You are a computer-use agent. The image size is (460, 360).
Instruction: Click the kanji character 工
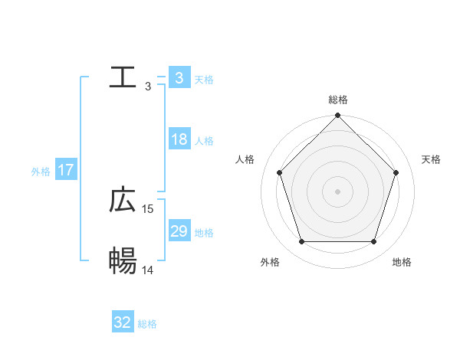(x=123, y=77)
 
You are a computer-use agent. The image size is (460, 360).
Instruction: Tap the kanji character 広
(x=123, y=200)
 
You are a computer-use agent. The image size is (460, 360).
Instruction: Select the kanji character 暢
(x=123, y=261)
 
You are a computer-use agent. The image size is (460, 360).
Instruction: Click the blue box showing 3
(x=179, y=77)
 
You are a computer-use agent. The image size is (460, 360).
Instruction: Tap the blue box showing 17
(x=66, y=169)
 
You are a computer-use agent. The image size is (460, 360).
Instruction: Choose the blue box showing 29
(x=179, y=231)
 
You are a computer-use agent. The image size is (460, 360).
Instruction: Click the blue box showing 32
(x=123, y=322)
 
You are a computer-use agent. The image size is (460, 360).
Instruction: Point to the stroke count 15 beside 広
(x=148, y=208)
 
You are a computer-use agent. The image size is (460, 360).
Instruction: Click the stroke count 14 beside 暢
(x=148, y=270)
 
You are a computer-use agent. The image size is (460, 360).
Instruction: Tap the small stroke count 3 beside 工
(x=148, y=86)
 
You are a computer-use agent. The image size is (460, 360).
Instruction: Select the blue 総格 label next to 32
(x=147, y=324)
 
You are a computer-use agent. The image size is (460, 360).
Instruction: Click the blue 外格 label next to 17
(x=41, y=172)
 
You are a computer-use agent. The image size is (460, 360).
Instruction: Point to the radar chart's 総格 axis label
(x=338, y=100)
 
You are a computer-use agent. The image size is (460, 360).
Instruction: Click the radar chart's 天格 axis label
(x=431, y=159)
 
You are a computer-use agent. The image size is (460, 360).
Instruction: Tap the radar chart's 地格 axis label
(x=402, y=263)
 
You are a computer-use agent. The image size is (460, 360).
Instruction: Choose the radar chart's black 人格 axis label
(x=245, y=159)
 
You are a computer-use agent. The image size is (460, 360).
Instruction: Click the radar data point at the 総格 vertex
(x=338, y=116)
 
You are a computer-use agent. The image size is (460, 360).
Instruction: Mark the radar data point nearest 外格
(x=301, y=242)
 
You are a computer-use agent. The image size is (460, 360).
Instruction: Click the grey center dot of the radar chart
(x=338, y=191)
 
